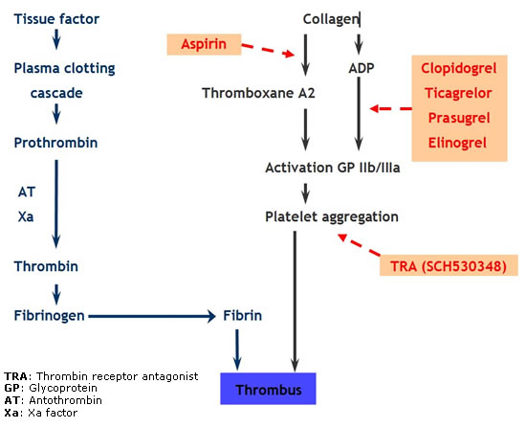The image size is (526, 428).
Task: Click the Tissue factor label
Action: pyautogui.click(x=56, y=19)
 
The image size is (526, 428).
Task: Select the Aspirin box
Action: pyautogui.click(x=204, y=44)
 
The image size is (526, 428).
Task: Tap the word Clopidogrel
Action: pyautogui.click(x=458, y=69)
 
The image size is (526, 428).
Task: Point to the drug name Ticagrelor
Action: pyautogui.click(x=458, y=93)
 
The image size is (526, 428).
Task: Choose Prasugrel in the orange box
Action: pyautogui.click(x=459, y=118)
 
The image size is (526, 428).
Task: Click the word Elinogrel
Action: pyautogui.click(x=457, y=143)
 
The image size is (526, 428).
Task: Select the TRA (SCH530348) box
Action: pyautogui.click(x=449, y=266)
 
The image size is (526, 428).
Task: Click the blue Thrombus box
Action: pyautogui.click(x=268, y=389)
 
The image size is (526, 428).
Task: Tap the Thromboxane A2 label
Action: pyautogui.click(x=258, y=93)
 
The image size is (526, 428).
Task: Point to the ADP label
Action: pyautogui.click(x=362, y=69)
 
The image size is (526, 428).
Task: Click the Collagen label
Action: pyautogui.click(x=331, y=19)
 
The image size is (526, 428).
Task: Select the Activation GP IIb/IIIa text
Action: pyautogui.click(x=333, y=168)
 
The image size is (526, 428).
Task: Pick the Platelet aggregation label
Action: pyautogui.click(x=332, y=217)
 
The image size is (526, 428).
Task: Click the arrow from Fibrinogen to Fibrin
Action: pyautogui.click(x=152, y=316)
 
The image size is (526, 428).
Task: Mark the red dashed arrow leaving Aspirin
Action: pyautogui.click(x=268, y=50)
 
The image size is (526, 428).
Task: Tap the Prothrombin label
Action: pyautogui.click(x=55, y=143)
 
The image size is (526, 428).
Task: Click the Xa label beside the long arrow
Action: pyautogui.click(x=26, y=217)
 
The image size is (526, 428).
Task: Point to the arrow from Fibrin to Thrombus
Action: pyautogui.click(x=237, y=349)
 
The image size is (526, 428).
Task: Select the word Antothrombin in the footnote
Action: pyautogui.click(x=65, y=400)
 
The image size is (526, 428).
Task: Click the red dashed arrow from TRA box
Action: pyautogui.click(x=359, y=244)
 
